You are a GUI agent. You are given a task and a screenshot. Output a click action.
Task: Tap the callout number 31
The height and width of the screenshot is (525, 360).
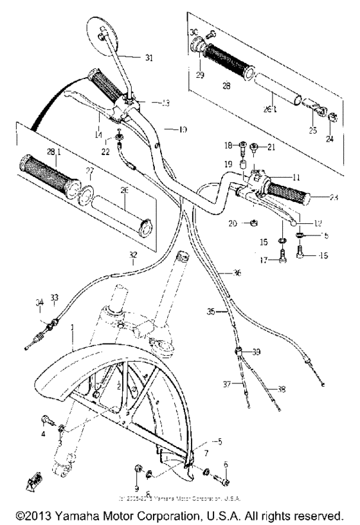(x=149, y=59)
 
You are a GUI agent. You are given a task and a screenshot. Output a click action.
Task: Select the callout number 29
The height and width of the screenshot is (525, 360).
(x=199, y=76)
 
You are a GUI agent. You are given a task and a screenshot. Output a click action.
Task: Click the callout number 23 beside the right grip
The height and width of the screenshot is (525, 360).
(x=332, y=197)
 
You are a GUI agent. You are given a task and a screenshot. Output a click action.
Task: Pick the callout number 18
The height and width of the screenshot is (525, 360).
(x=228, y=145)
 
